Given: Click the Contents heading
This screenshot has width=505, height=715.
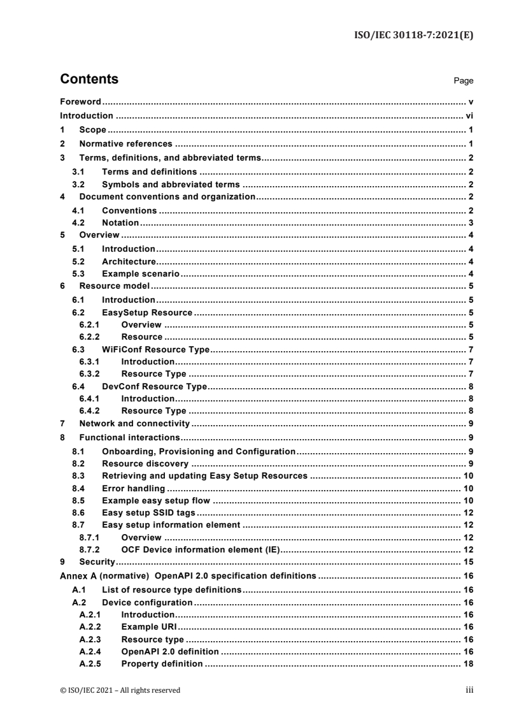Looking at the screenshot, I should tap(89, 80).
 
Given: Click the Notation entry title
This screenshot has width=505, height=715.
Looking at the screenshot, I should tap(120, 223).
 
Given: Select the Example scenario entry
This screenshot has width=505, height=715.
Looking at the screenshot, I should tap(141, 274).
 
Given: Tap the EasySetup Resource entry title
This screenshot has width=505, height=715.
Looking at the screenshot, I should tap(147, 312).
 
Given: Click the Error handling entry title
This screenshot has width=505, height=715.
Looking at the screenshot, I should tap(134, 488).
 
